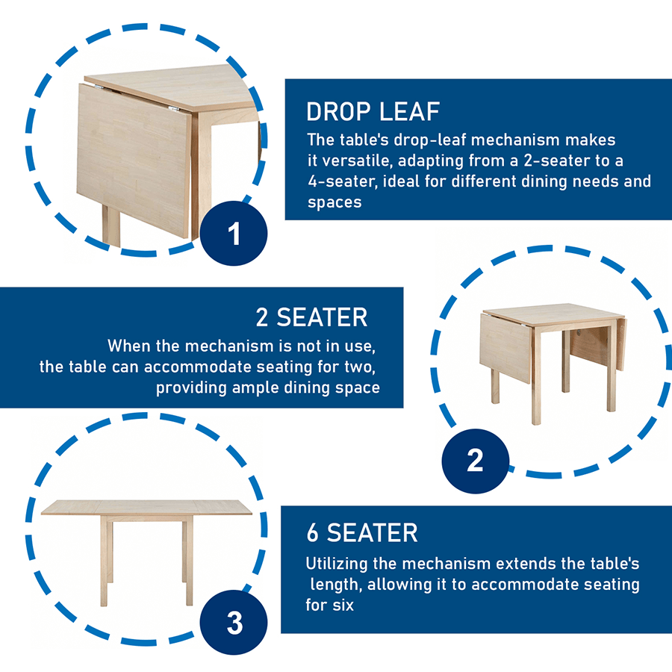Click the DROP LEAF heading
point(373,112)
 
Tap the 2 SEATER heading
point(311,317)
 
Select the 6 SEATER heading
point(362,533)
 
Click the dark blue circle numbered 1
point(234,234)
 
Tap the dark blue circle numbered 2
point(476,461)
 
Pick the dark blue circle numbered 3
point(234,622)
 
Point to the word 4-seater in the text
point(343,181)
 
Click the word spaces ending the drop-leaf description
point(335,202)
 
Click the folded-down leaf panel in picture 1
point(134,161)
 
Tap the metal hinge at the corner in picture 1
point(174,109)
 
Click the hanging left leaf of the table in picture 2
point(505,348)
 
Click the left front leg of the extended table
point(104,561)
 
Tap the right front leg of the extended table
point(190,561)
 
